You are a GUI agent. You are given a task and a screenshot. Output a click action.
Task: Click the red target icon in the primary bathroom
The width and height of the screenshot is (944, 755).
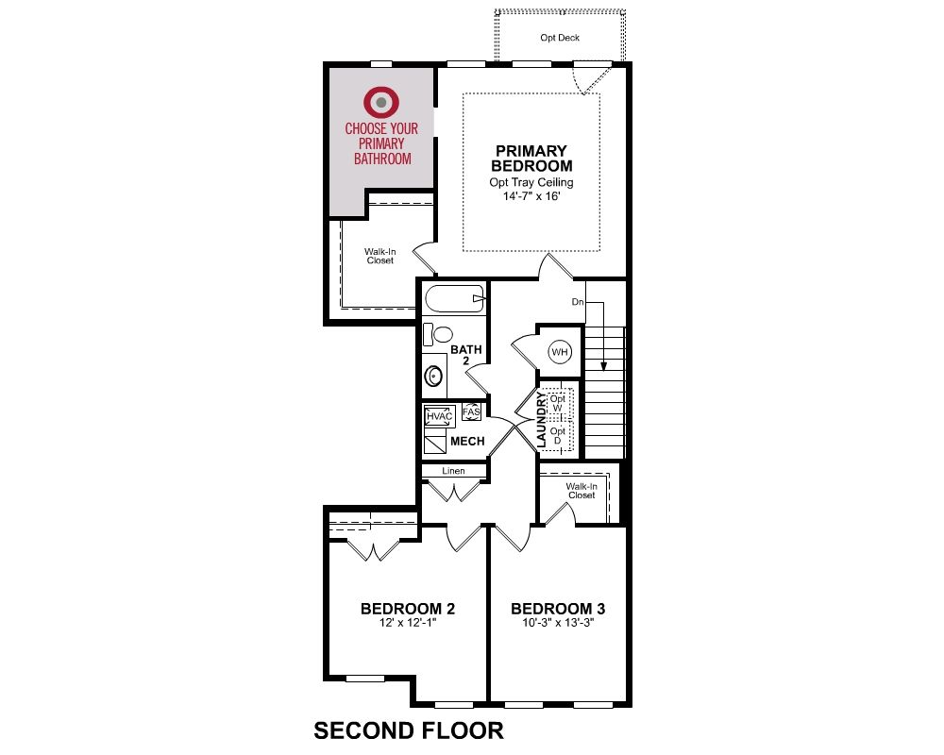[380, 102]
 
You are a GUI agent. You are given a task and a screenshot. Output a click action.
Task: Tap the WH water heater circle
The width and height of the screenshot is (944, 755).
[560, 352]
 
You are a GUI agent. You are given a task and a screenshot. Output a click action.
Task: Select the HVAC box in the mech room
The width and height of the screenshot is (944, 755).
[439, 416]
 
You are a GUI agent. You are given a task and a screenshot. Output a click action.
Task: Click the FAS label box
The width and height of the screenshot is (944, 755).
[471, 411]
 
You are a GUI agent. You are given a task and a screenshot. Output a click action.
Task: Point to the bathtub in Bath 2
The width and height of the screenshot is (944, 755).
[455, 298]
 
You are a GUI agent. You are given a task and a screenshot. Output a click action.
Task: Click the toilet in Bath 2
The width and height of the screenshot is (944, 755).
[438, 335]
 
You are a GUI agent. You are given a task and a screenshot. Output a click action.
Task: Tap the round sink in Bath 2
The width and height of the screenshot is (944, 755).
[433, 377]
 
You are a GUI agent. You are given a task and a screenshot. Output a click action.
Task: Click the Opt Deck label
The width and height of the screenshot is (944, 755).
[560, 38]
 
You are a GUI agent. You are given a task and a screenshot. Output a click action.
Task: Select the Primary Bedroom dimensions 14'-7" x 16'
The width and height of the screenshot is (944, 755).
[531, 196]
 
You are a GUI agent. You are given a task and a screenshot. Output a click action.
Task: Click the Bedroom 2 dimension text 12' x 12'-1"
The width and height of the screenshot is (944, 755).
[408, 623]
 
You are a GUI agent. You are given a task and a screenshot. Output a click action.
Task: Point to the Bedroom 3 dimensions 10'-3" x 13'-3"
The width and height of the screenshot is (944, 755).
[558, 623]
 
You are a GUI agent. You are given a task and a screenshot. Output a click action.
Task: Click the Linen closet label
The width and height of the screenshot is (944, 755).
[453, 471]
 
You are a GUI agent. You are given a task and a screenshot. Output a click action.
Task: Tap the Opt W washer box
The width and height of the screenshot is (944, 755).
[558, 403]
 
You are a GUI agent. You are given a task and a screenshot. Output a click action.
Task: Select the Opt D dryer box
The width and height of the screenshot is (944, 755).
[558, 436]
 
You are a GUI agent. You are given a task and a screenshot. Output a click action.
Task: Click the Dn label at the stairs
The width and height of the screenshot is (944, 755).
[578, 302]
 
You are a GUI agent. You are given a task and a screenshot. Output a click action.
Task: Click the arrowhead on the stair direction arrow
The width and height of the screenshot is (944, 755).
[603, 365]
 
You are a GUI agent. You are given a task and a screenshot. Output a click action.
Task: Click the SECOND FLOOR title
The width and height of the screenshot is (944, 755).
[409, 730]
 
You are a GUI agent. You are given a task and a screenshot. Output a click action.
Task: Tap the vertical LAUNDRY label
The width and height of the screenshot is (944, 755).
[541, 420]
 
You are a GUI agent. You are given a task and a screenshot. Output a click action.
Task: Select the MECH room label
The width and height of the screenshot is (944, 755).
[468, 442]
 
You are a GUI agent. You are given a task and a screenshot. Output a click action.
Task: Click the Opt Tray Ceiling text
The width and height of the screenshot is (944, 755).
[531, 182]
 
